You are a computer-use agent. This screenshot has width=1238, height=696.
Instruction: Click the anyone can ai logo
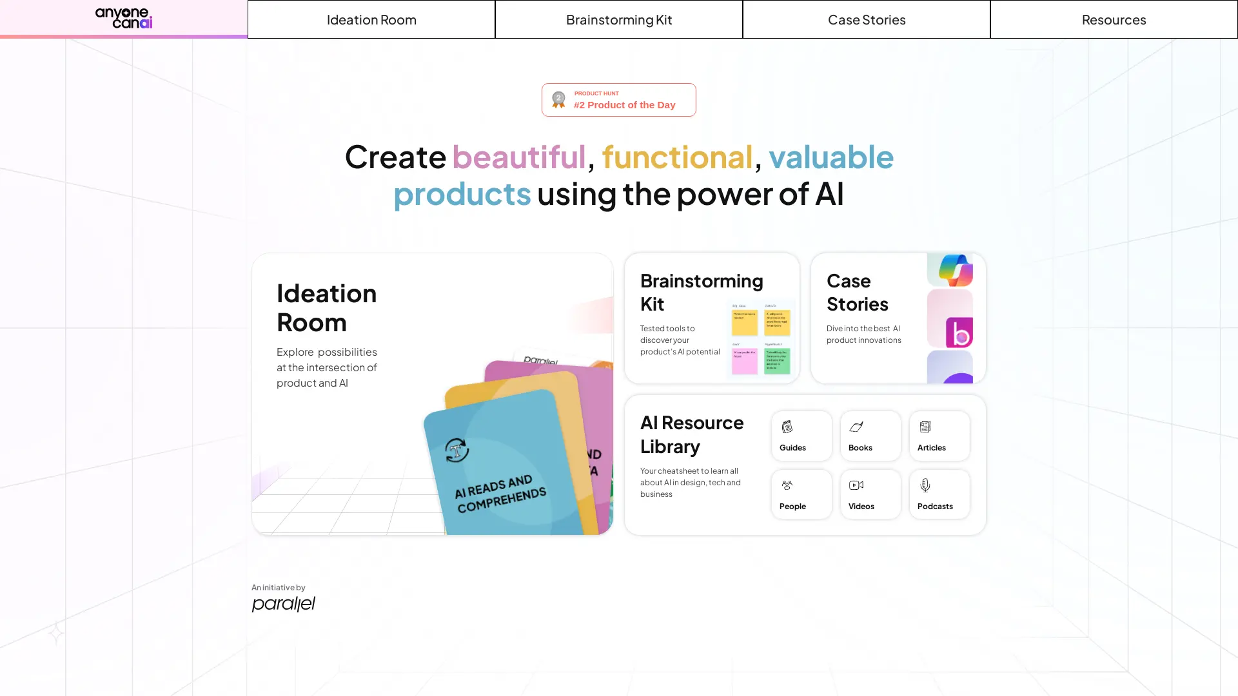(124, 18)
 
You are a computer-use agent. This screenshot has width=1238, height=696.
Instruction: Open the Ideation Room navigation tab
(371, 19)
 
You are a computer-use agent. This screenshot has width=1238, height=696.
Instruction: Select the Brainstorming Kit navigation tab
(619, 19)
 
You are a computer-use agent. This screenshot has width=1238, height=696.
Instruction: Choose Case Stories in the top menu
(867, 19)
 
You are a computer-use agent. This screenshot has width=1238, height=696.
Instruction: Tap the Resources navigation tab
(1114, 19)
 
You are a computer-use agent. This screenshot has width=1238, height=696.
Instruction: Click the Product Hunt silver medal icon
(558, 100)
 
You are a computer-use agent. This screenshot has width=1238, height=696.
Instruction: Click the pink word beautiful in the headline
(518, 157)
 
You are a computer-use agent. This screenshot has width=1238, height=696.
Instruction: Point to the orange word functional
(677, 157)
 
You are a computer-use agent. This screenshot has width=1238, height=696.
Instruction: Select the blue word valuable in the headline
(830, 157)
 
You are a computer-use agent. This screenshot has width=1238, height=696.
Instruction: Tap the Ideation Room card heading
(327, 307)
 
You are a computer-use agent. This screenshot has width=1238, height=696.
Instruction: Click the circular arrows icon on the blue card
(457, 450)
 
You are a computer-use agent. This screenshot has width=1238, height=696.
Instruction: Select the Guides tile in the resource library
(801, 436)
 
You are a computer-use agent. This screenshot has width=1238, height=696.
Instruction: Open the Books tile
(870, 436)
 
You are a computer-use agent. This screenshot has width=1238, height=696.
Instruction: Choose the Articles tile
(939, 436)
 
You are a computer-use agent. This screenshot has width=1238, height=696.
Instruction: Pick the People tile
(801, 494)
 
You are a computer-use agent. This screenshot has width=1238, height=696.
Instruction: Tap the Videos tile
(870, 494)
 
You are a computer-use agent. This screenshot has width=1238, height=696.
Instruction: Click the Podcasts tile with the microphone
(939, 494)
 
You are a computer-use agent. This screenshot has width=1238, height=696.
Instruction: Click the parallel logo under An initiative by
(284, 604)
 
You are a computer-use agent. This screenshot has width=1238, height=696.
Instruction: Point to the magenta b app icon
(959, 333)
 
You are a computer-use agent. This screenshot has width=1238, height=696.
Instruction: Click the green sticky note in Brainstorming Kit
(777, 361)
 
